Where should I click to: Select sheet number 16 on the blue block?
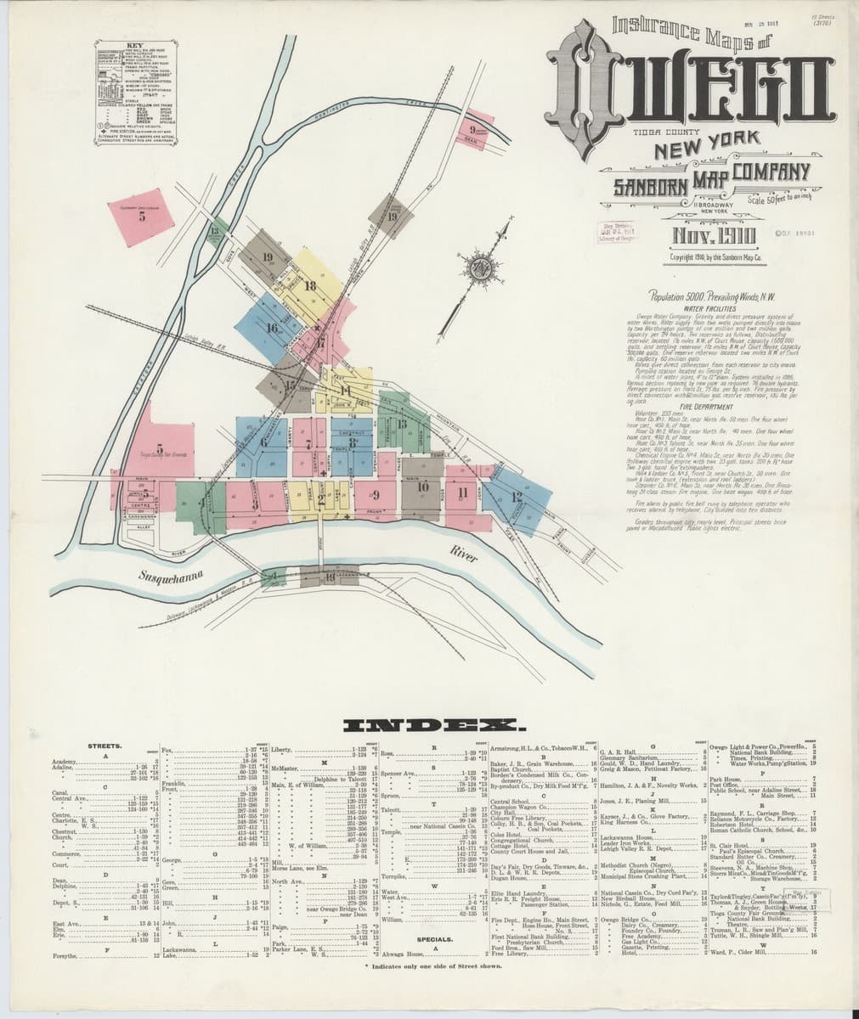273,328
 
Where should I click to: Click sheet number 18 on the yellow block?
310,285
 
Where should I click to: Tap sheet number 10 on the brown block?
422,487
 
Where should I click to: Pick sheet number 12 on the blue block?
517,498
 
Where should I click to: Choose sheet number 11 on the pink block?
462,492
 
